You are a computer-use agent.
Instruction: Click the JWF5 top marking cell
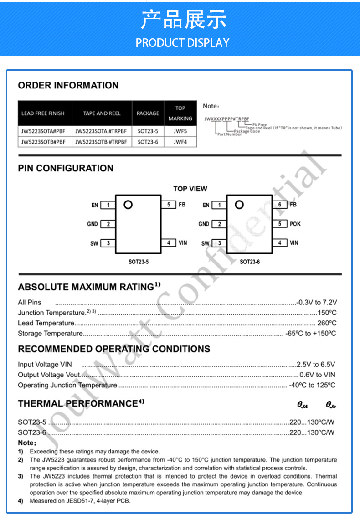pyautogui.click(x=180, y=131)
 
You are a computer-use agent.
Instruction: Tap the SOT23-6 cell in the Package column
pyautogui.click(x=148, y=142)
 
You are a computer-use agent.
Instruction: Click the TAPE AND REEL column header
pyautogui.click(x=102, y=113)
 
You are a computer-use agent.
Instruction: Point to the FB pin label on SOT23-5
pyautogui.click(x=182, y=205)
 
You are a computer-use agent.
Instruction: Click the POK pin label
pyautogui.click(x=295, y=224)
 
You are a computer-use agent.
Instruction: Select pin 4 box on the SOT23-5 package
pyautogui.click(x=169, y=243)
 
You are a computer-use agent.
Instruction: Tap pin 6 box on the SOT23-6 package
pyautogui.click(x=280, y=205)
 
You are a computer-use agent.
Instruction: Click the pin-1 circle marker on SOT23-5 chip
pyautogui.click(x=128, y=205)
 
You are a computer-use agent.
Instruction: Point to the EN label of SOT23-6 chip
pyautogui.click(x=206, y=205)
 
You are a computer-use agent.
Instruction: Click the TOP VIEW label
pyautogui.click(x=190, y=189)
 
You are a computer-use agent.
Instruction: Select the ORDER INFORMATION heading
pyautogui.click(x=68, y=85)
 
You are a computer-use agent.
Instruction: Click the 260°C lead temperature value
pyautogui.click(x=327, y=323)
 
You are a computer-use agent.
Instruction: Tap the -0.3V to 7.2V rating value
pyautogui.click(x=317, y=302)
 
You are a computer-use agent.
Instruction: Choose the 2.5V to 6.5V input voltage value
pyautogui.click(x=316, y=364)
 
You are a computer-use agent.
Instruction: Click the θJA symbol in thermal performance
pyautogui.click(x=303, y=405)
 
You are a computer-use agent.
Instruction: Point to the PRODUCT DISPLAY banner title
pyautogui.click(x=182, y=43)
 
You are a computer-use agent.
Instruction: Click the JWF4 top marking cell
pyautogui.click(x=180, y=142)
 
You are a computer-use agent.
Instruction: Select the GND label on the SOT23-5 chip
pyautogui.click(x=93, y=224)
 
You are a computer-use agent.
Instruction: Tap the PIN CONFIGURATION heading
pyautogui.click(x=66, y=168)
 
